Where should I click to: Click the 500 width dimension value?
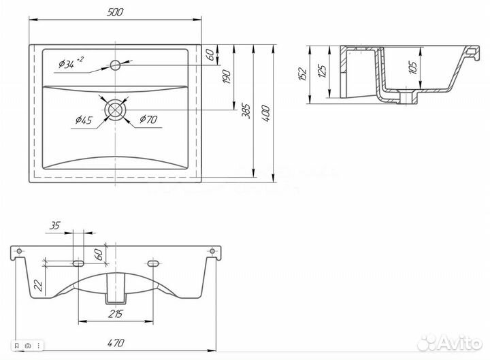point(115,12)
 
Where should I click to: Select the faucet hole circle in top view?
point(115,65)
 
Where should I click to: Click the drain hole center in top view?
point(115,110)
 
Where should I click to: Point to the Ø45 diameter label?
point(84,120)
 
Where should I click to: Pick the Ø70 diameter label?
point(148,118)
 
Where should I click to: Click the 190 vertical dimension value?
point(227,77)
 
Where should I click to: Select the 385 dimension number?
point(246,111)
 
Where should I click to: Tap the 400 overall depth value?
point(265,114)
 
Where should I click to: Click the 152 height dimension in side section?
point(302,74)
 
